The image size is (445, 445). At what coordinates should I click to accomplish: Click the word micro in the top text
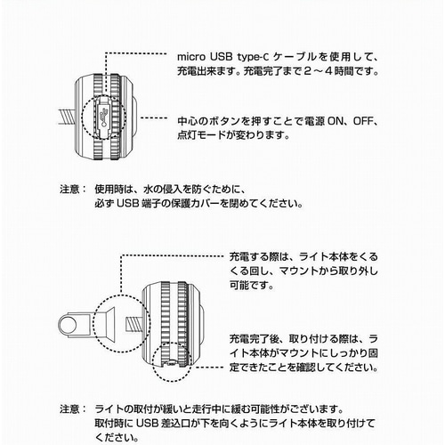pyautogui.click(x=191, y=57)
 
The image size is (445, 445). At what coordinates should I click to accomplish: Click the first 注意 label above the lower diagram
pyautogui.click(x=69, y=189)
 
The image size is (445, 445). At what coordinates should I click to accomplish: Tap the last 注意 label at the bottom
pyautogui.click(x=69, y=409)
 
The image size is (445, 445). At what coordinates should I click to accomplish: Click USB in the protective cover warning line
pyautogui.click(x=127, y=203)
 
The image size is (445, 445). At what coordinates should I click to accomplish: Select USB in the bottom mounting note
pyautogui.click(x=147, y=424)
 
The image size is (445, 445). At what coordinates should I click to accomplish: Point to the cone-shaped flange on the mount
pyautogui.click(x=109, y=325)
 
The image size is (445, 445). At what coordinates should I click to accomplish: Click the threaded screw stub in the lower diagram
pyautogui.click(x=134, y=324)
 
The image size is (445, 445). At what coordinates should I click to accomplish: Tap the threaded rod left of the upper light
pyautogui.click(x=67, y=117)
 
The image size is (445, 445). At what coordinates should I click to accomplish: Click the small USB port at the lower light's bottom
pyautogui.click(x=171, y=362)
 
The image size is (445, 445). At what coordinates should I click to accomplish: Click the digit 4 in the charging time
pyautogui.click(x=328, y=71)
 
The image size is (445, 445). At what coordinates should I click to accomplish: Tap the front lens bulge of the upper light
pyautogui.click(x=134, y=117)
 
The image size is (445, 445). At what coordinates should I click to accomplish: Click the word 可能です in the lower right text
pyautogui.click(x=252, y=286)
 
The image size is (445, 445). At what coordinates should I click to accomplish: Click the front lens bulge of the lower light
pyautogui.click(x=202, y=325)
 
